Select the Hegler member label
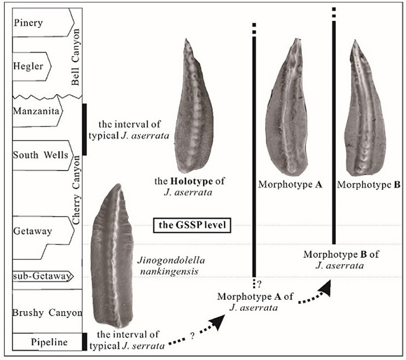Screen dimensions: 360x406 (x=28, y=66)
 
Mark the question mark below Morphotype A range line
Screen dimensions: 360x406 (x=260, y=284)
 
